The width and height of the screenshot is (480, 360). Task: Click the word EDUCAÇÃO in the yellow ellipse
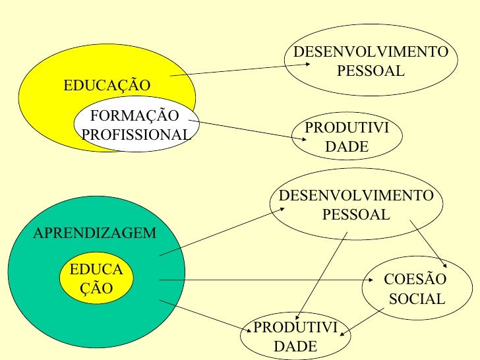[x=106, y=86]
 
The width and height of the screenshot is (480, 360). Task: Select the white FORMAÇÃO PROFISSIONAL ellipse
[x=136, y=125]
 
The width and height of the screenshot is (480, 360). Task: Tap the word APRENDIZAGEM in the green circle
[x=94, y=233]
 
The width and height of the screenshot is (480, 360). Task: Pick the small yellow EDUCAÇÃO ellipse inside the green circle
[x=96, y=279]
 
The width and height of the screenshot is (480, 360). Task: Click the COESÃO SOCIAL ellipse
[x=417, y=289]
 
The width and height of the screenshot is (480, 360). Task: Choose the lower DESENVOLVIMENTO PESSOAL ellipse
[x=357, y=205]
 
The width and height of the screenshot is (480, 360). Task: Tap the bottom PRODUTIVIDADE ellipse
[x=295, y=336]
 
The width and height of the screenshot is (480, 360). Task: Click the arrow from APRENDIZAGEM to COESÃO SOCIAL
[x=264, y=280]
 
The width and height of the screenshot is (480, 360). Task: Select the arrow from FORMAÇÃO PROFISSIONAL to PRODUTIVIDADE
[x=247, y=129]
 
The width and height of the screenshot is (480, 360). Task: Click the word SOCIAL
[x=417, y=299]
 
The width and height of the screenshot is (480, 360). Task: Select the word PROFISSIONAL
[x=136, y=135]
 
